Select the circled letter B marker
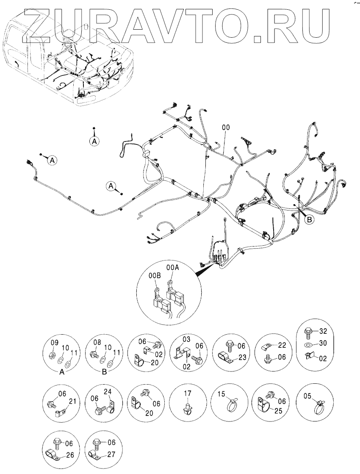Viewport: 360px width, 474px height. coord(310,219)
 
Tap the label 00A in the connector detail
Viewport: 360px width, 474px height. coord(172,267)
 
